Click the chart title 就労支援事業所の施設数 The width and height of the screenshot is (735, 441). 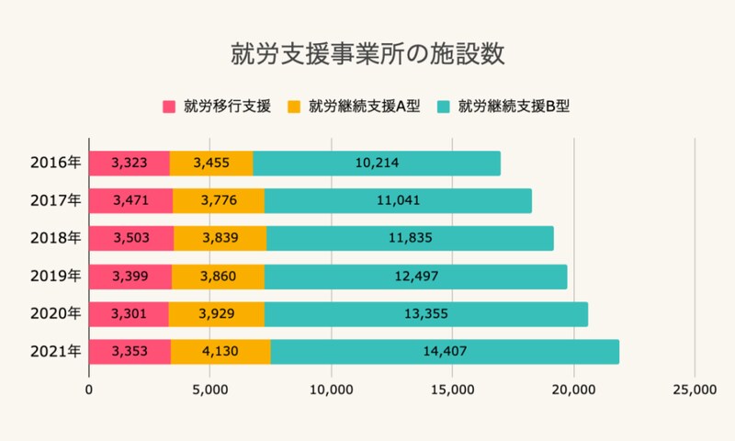[367, 52]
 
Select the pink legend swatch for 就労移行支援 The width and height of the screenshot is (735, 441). [169, 106]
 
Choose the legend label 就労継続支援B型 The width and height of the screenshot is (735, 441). [514, 106]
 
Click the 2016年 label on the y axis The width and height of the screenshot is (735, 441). [55, 163]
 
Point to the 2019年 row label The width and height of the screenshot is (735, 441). [55, 276]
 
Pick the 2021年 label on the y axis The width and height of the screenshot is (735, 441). [55, 351]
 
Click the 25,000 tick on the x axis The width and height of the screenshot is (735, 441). [694, 390]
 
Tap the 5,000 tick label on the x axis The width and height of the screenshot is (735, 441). [209, 390]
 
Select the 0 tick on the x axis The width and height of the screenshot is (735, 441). [89, 390]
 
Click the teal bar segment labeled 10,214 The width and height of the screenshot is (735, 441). [377, 163]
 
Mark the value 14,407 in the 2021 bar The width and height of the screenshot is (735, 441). [445, 351]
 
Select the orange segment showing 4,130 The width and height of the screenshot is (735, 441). [220, 351]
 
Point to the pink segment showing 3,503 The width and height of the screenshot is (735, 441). [130, 238]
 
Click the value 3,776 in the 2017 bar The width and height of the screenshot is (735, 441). [219, 200]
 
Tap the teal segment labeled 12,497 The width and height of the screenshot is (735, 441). [416, 276]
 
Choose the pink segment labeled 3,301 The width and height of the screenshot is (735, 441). [129, 313]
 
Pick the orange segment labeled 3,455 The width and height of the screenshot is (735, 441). [211, 163]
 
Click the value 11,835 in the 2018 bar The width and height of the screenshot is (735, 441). [410, 238]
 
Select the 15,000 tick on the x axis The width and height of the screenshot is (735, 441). [452, 390]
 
